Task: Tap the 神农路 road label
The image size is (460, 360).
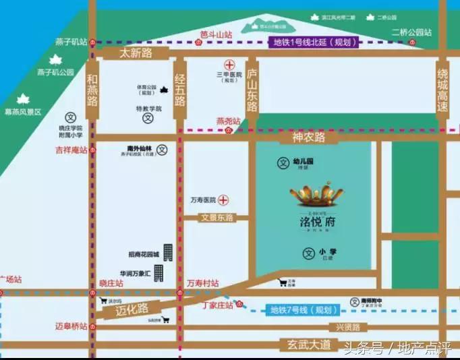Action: pyautogui.click(x=308, y=138)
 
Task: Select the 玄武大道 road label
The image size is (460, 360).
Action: pyautogui.click(x=306, y=345)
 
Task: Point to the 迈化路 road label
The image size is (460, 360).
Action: pyautogui.click(x=131, y=311)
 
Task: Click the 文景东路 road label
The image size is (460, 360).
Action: pyautogui.click(x=217, y=218)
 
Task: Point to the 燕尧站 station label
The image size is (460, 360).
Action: pyautogui.click(x=228, y=121)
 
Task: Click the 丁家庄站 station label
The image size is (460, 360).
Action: pyautogui.click(x=217, y=305)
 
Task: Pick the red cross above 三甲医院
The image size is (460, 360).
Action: pyautogui.click(x=229, y=65)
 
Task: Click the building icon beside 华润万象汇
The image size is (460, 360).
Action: pyautogui.click(x=159, y=273)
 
